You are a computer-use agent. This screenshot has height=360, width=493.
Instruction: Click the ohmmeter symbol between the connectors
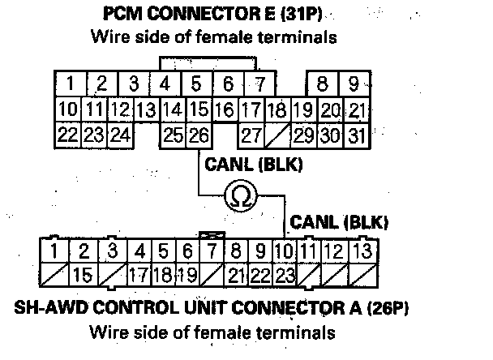[x=239, y=195]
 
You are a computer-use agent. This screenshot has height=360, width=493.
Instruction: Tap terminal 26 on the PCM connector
[x=199, y=135]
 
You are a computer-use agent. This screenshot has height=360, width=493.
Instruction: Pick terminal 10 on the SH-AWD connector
[x=284, y=251]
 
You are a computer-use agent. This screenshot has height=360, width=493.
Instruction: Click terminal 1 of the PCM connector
[x=71, y=83]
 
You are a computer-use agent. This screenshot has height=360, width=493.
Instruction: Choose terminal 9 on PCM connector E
[x=354, y=83]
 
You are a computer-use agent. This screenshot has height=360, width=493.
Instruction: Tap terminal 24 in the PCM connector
[x=120, y=135]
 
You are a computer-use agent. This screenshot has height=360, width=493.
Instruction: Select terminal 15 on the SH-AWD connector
[x=83, y=275]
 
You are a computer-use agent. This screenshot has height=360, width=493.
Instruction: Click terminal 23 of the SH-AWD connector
[x=284, y=275]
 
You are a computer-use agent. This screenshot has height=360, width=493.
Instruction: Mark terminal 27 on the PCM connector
[x=251, y=135]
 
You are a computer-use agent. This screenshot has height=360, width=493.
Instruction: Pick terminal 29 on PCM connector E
[x=303, y=135]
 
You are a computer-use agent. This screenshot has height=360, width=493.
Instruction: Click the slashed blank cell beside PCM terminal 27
[x=277, y=135]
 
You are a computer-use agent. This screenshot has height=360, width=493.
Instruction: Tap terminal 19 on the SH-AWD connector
[x=187, y=275]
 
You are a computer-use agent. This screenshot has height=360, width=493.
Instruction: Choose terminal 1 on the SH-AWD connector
[x=54, y=251]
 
